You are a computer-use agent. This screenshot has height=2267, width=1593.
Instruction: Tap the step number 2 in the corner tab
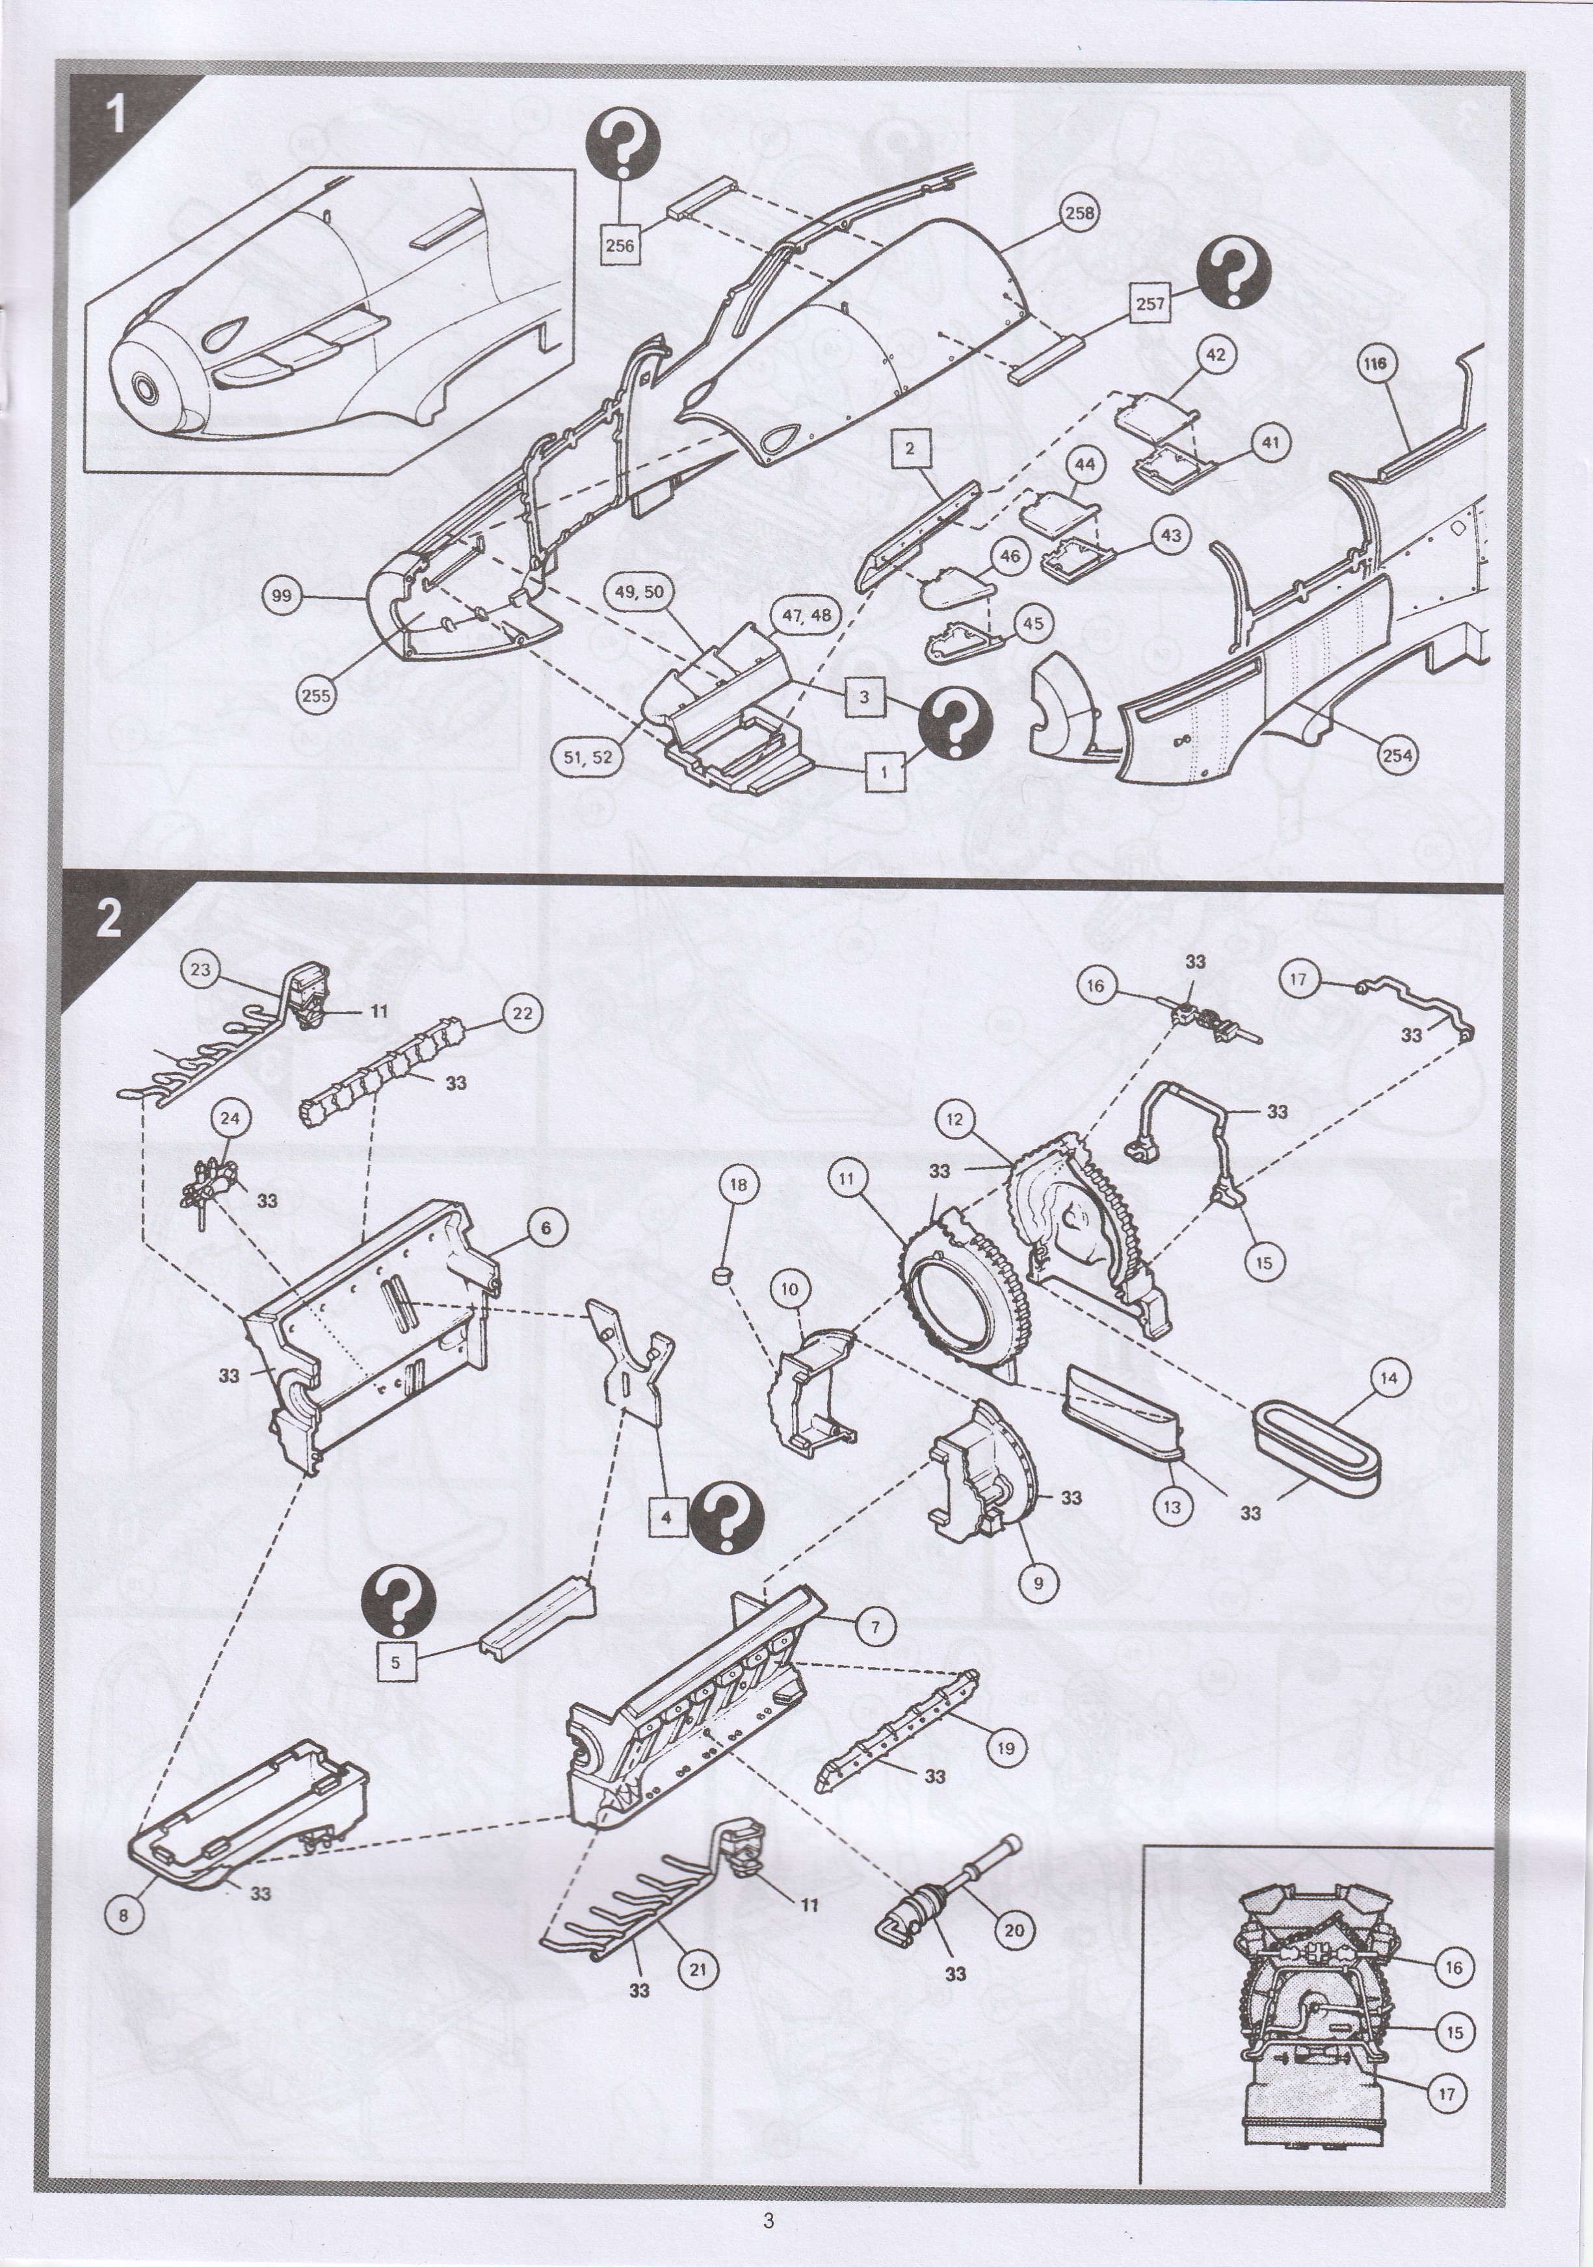[x=109, y=918]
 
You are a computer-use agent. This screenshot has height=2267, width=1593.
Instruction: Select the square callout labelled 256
[x=619, y=245]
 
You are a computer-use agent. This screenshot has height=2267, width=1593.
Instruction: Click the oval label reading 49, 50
[x=640, y=591]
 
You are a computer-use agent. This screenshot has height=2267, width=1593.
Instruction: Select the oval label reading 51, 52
[x=588, y=757]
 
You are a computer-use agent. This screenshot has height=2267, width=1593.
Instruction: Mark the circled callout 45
[x=1032, y=623]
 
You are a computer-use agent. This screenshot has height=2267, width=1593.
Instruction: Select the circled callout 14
[x=1389, y=1379]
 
